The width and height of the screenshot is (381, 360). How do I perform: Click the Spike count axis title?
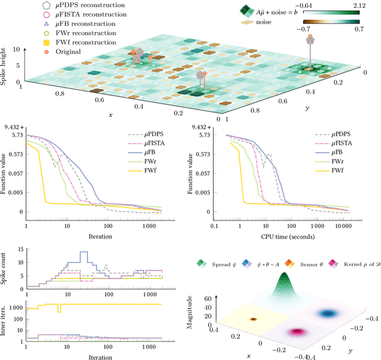(5, 268)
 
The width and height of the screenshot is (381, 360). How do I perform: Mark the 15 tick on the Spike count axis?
(20, 250)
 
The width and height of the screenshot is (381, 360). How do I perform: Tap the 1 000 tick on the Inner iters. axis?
(17, 307)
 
